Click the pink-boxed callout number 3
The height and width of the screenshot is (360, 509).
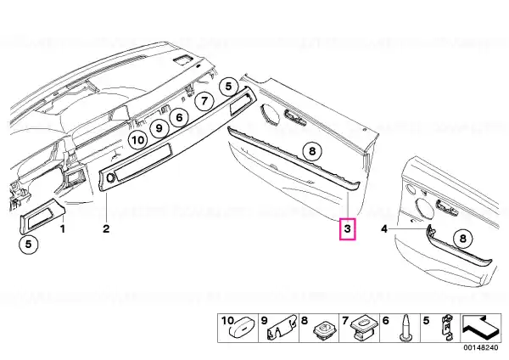point(347,228)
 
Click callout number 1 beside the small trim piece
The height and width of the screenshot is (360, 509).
point(63,228)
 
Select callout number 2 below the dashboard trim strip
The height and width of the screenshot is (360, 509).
point(106,228)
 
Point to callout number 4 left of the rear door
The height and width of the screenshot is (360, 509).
point(384,229)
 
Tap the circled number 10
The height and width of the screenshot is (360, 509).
point(138,140)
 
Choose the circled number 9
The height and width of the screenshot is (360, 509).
point(159,128)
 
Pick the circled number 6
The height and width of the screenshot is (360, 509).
point(180,117)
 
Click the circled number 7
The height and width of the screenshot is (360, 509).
point(204,101)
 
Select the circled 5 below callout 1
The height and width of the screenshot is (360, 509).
point(29,244)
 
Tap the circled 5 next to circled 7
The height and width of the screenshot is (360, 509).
point(228,87)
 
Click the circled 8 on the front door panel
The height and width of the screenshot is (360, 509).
point(312,151)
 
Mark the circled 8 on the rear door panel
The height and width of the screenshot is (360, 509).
point(463,239)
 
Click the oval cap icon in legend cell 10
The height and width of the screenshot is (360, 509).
point(243,329)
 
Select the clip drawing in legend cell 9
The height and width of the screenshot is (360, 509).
point(282,328)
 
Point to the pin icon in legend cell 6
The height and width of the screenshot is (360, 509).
point(406,328)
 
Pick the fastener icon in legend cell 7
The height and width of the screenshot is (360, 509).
point(364,328)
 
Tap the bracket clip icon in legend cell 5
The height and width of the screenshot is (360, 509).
point(448,328)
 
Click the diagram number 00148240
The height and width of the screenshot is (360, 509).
point(481,347)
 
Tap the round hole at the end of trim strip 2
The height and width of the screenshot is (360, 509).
point(110,177)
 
